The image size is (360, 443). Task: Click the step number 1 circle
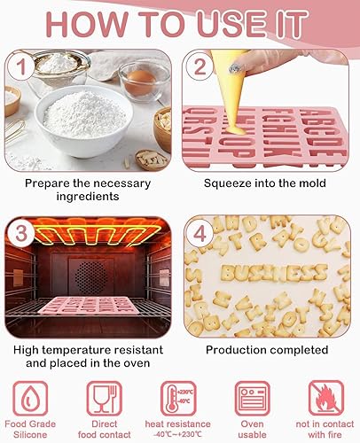[20, 67]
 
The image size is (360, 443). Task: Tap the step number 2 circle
[200, 66]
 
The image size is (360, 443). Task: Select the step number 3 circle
[20, 234]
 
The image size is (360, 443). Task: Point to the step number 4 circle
[200, 234]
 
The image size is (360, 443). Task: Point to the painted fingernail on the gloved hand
[236, 68]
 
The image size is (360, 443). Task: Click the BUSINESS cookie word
[274, 272]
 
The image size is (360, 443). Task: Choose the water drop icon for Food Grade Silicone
[30, 399]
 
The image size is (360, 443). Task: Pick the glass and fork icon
[105, 399]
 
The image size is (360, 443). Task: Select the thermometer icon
[178, 399]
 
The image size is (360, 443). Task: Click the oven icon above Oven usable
[252, 399]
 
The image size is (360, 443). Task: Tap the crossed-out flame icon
[326, 399]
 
